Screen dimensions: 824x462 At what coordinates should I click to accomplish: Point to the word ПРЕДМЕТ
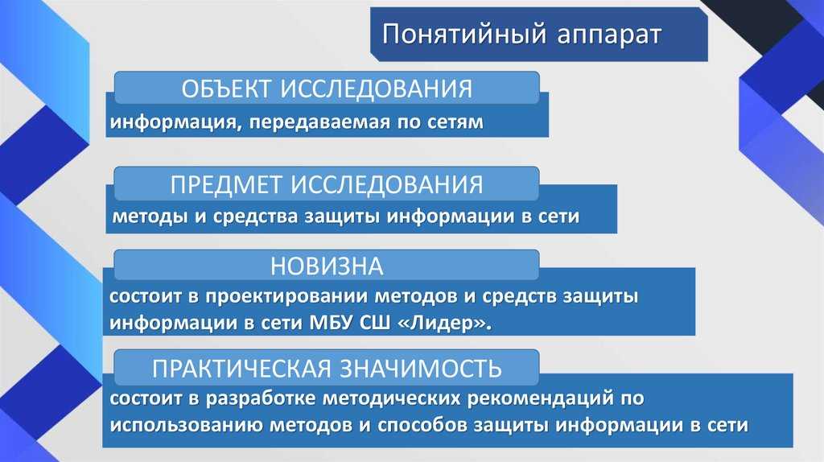pyautogui.click(x=226, y=184)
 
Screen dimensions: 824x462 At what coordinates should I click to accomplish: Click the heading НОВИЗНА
pyautogui.click(x=327, y=266)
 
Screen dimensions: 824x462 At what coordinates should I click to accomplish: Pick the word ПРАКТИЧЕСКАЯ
pyautogui.click(x=242, y=368)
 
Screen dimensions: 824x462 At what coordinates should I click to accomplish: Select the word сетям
pyautogui.click(x=455, y=122)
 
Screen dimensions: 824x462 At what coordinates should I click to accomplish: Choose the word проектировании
pyautogui.click(x=286, y=297)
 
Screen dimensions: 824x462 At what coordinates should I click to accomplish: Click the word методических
pyautogui.click(x=390, y=398)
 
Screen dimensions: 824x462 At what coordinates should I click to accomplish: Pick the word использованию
pyautogui.click(x=187, y=425)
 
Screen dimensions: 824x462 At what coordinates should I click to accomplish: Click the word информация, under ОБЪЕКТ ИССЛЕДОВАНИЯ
pyautogui.click(x=175, y=122)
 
